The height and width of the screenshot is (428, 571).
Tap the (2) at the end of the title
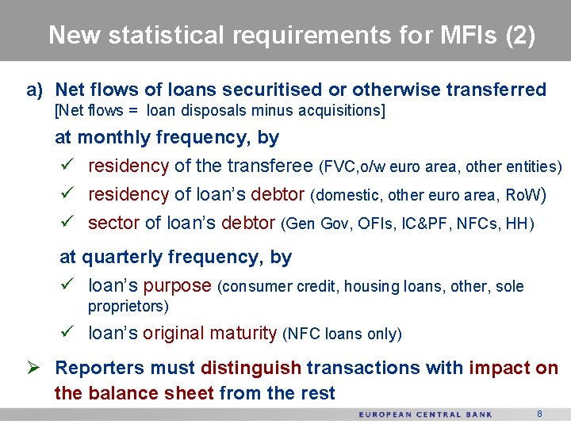(520, 36)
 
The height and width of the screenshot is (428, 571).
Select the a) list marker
(35, 90)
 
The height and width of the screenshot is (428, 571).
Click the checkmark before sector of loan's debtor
(67, 224)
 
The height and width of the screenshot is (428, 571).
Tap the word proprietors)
(128, 306)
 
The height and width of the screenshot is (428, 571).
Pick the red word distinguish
(251, 369)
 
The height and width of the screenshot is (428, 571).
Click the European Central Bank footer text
(425, 415)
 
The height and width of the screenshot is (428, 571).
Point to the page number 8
(539, 414)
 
